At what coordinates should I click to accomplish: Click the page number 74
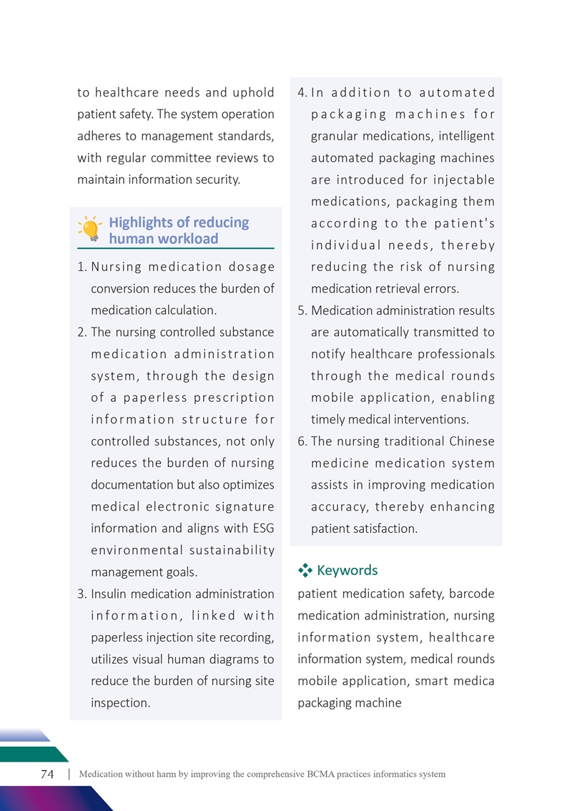[48, 774]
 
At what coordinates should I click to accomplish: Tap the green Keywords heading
[347, 570]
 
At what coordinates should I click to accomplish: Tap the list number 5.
[301, 310]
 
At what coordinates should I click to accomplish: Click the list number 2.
[81, 332]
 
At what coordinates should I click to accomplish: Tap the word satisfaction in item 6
[385, 529]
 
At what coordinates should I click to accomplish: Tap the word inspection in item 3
[120, 702]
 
